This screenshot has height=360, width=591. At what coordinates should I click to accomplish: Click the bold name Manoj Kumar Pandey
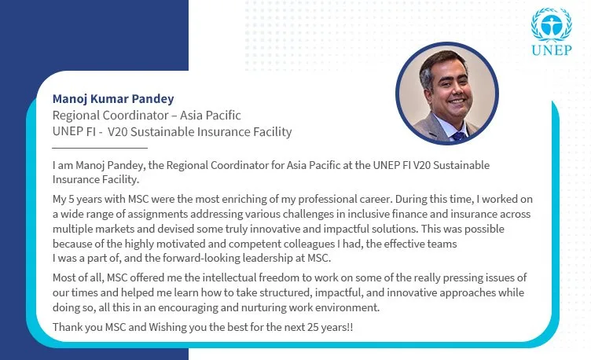tap(113, 99)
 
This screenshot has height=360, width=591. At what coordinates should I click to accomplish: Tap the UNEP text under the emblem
tap(552, 50)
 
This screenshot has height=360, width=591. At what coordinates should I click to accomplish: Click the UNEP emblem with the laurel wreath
tap(552, 24)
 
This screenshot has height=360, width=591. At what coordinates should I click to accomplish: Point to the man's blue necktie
tap(458, 136)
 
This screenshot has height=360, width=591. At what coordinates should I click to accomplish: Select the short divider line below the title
tap(100, 148)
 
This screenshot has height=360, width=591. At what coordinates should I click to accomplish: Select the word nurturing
tap(263, 307)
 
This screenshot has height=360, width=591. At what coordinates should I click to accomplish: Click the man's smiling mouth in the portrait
tap(457, 101)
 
